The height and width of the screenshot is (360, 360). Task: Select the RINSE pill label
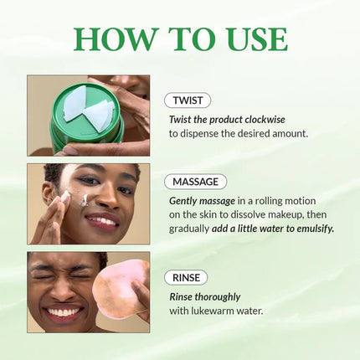188,277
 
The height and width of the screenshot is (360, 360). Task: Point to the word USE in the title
250,39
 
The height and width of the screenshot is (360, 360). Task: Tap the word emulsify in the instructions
307,228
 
